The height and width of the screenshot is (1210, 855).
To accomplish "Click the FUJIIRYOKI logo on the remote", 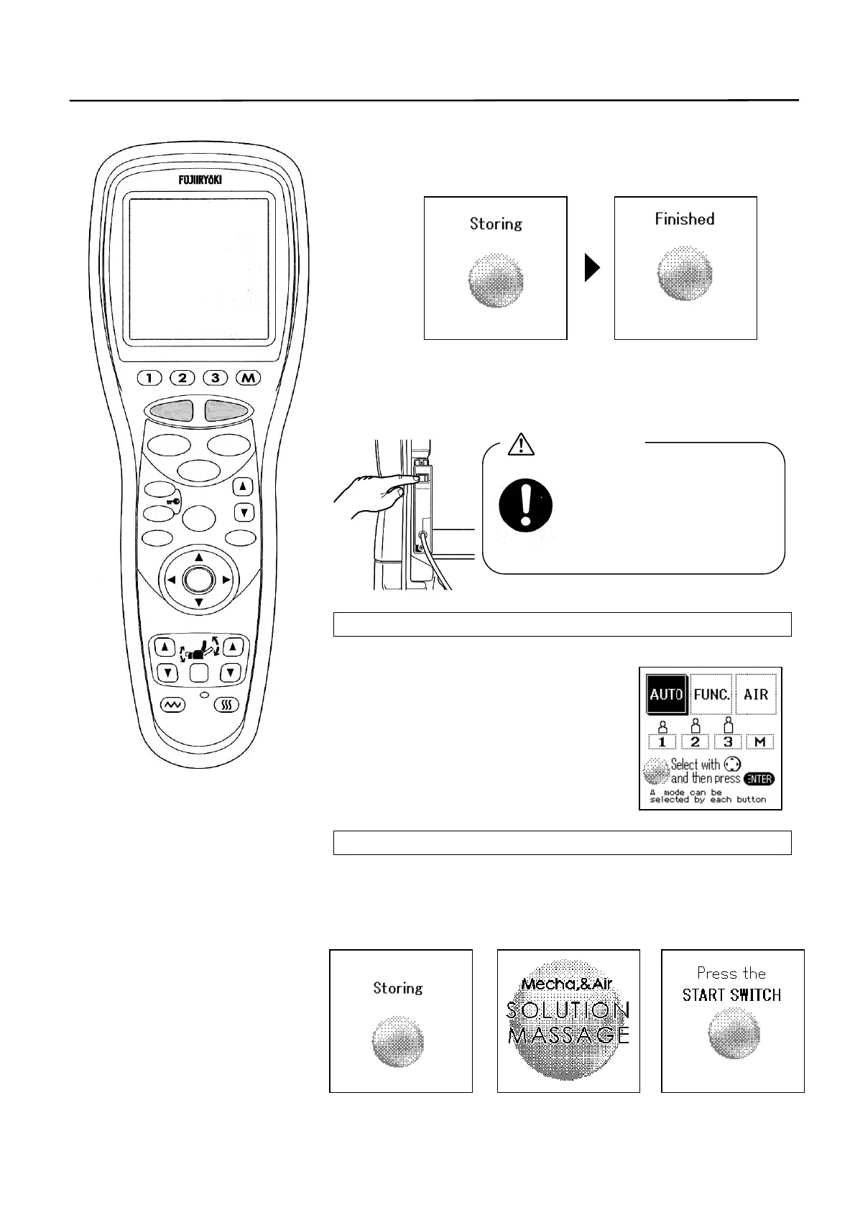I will pyautogui.click(x=200, y=180).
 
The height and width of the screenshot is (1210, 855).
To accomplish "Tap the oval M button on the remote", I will pyautogui.click(x=248, y=378).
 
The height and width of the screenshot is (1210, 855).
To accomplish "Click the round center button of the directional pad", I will pyautogui.click(x=199, y=579).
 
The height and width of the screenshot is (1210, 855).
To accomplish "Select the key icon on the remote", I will pyautogui.click(x=175, y=502).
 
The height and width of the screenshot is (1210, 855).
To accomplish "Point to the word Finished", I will pyautogui.click(x=684, y=219).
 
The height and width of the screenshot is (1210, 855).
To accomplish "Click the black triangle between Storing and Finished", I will pyautogui.click(x=591, y=269).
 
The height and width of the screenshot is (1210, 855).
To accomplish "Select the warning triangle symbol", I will pyautogui.click(x=520, y=445).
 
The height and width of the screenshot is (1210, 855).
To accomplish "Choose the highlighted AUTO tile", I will pyautogui.click(x=666, y=695).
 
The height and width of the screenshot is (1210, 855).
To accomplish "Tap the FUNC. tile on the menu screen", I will pyautogui.click(x=711, y=695).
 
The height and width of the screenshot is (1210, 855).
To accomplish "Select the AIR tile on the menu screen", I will pyautogui.click(x=756, y=695).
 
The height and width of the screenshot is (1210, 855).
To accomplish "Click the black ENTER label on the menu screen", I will pyautogui.click(x=759, y=779).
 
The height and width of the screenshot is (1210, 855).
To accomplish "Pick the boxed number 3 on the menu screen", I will pyautogui.click(x=727, y=742).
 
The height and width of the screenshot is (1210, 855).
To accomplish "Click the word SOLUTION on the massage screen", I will pyautogui.click(x=568, y=1010).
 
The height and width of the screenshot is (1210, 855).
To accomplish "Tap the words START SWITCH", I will pyautogui.click(x=731, y=995).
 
